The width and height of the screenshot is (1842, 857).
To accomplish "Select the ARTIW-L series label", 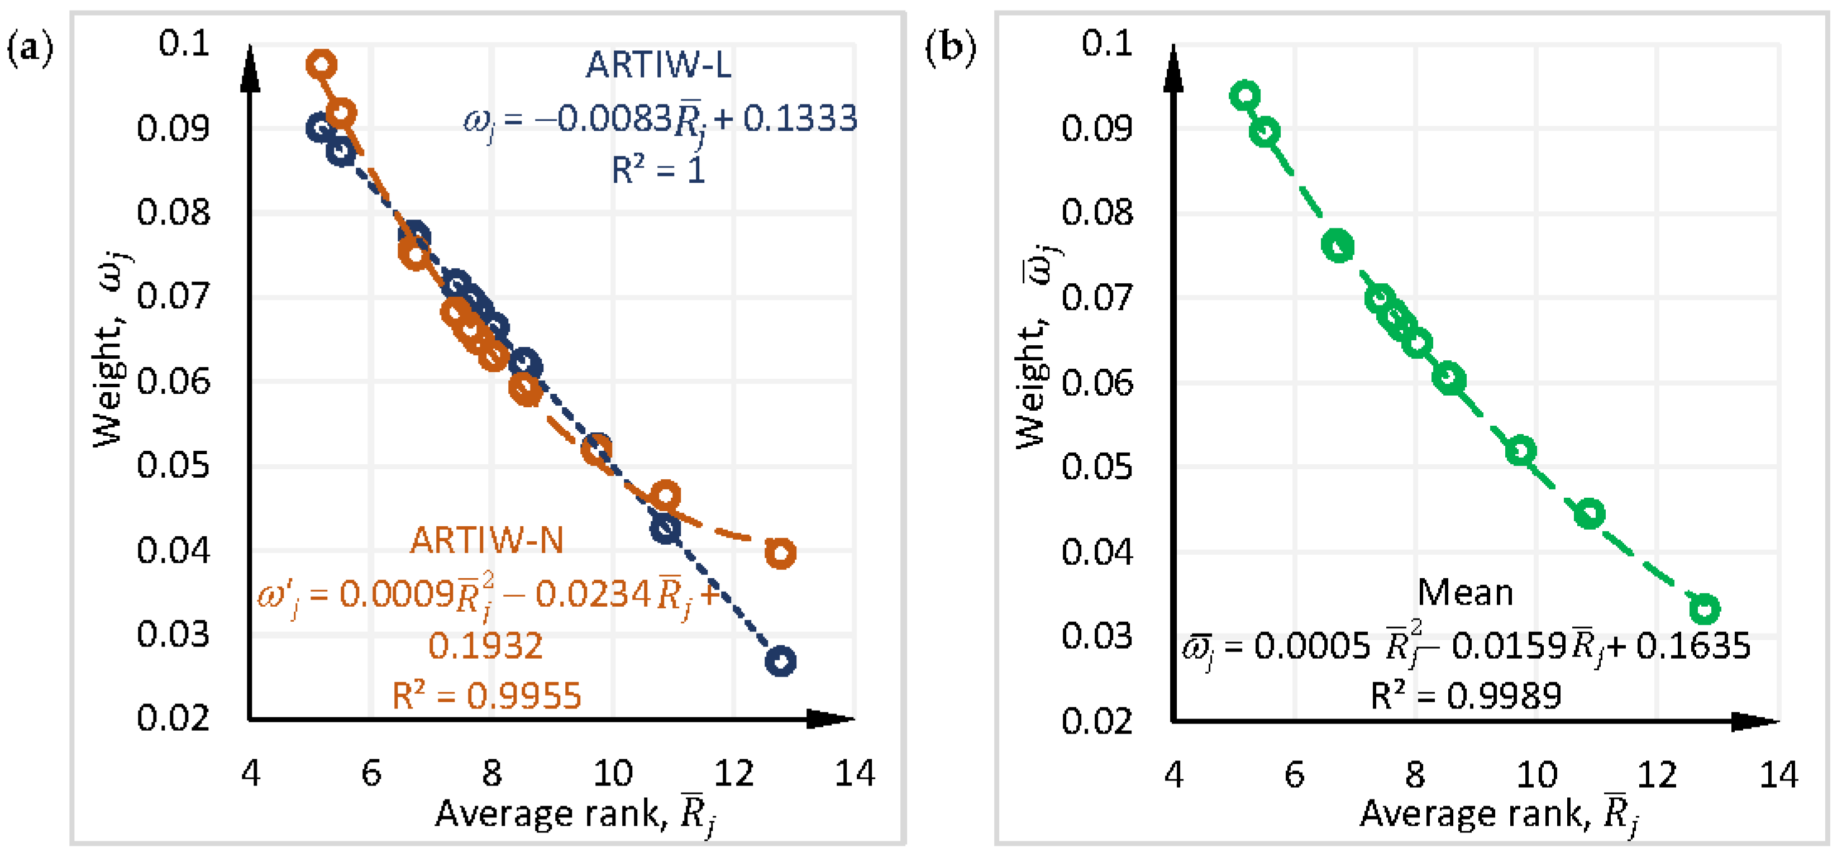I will tap(658, 65).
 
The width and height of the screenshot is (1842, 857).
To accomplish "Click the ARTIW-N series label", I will tap(487, 540).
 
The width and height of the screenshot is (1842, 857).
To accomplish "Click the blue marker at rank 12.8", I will tap(780, 661).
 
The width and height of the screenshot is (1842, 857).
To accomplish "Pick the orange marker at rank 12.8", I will tap(780, 553).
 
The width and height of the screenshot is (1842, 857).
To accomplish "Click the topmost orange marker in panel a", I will tap(322, 64).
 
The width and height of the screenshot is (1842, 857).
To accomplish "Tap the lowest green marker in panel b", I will tap(1705, 609).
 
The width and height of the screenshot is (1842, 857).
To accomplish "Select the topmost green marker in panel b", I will tap(1245, 95).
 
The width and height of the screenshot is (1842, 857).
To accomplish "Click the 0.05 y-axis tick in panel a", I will tap(173, 466).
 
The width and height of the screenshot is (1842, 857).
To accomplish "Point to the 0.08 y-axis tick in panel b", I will tap(1097, 212).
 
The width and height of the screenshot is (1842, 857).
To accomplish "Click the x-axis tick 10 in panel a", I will tap(613, 773).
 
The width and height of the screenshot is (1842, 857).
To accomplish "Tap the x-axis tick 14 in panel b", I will tap(1778, 775).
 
